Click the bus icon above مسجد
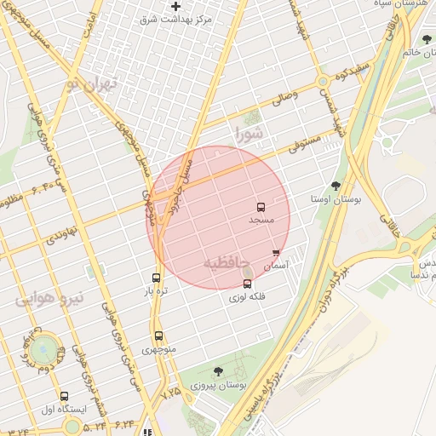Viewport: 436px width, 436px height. point(261,207)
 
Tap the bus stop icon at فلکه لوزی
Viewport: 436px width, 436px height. point(248,284)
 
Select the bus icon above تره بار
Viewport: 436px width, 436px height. point(156,278)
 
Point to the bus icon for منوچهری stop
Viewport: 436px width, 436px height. point(158,336)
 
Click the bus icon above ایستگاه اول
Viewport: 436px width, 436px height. point(64,396)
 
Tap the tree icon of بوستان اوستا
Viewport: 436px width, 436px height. point(336,186)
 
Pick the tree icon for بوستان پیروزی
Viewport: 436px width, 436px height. point(218,371)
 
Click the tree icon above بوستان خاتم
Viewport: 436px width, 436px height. point(427,39)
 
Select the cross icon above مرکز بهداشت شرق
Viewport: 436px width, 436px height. point(176,6)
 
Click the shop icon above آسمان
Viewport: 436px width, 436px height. point(276,253)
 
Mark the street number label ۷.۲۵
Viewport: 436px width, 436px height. point(170,393)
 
